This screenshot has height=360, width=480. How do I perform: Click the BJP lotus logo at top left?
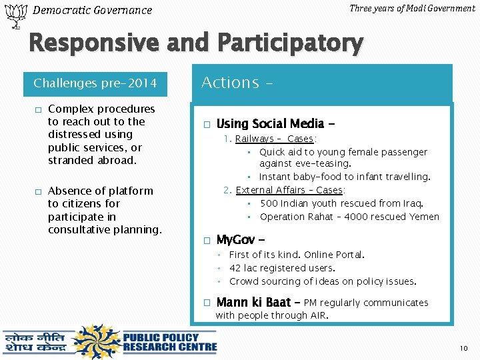click(x=14, y=15)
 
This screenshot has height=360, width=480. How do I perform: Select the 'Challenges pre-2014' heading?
click(x=95, y=83)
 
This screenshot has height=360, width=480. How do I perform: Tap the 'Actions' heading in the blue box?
click(x=230, y=83)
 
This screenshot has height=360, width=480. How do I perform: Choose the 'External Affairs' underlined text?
click(x=267, y=190)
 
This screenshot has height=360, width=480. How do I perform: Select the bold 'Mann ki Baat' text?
click(x=254, y=302)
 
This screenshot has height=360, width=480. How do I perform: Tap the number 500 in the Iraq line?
click(x=269, y=203)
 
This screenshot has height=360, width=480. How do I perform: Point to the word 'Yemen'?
click(x=425, y=217)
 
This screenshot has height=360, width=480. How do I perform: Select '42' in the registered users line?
click(x=235, y=268)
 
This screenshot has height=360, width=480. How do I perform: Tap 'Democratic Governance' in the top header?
click(x=92, y=10)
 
